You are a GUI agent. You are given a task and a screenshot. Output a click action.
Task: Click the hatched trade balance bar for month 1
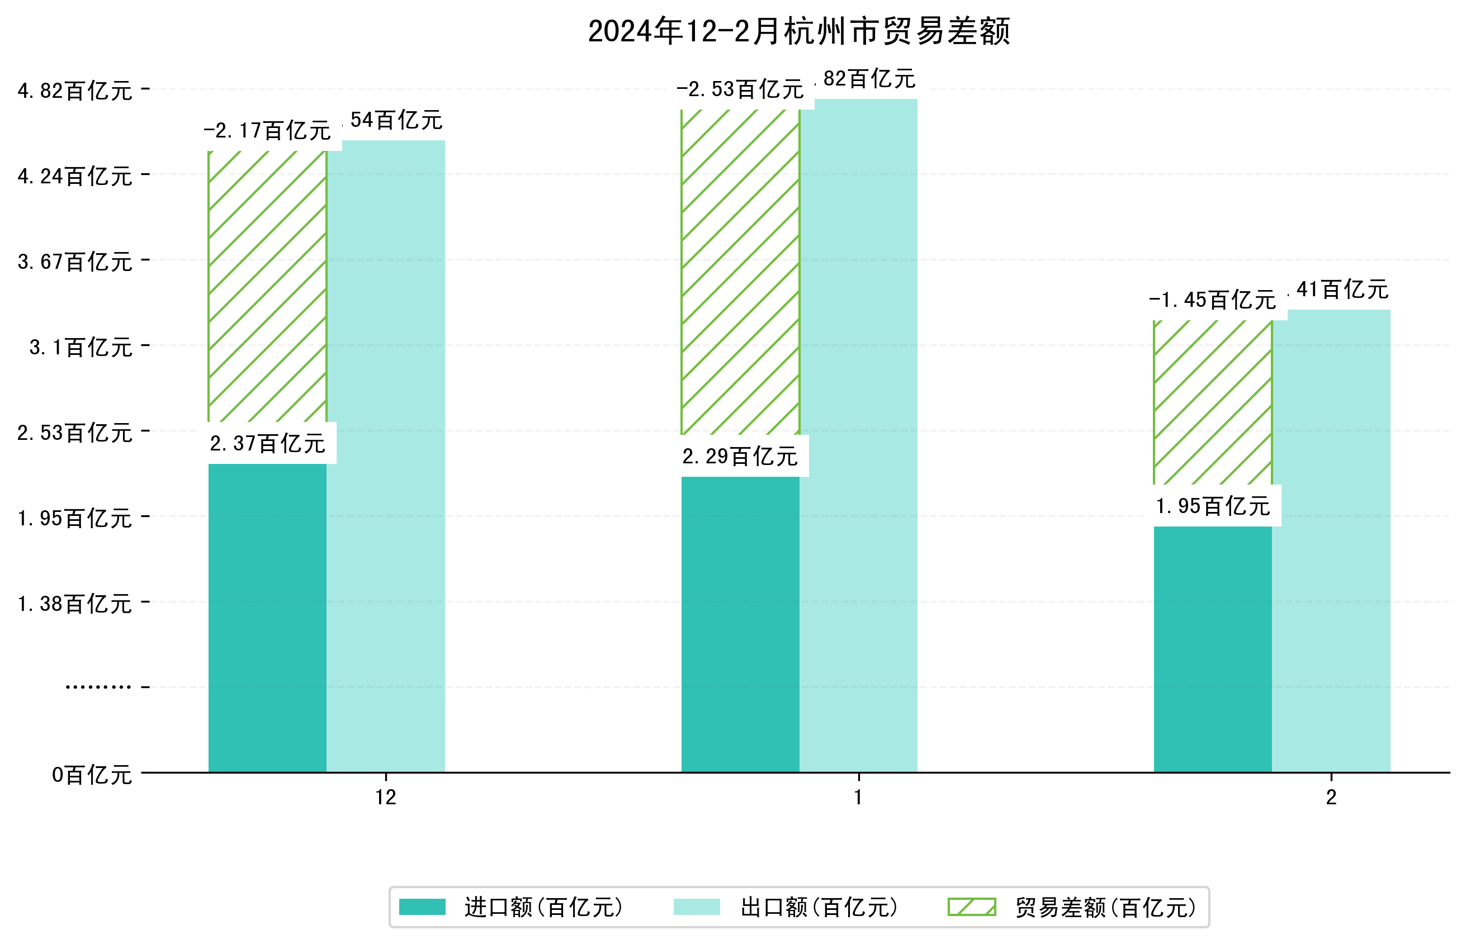click(740, 272)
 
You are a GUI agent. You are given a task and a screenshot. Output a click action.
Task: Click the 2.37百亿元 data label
click(267, 443)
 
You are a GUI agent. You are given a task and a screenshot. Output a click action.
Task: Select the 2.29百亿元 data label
click(740, 456)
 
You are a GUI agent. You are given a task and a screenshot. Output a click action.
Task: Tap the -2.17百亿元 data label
click(267, 131)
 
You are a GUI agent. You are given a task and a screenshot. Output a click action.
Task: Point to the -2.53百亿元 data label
click(740, 89)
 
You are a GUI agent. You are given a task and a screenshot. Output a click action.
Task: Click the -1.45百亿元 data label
click(1212, 300)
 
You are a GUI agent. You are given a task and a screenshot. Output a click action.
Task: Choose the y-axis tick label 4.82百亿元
click(75, 91)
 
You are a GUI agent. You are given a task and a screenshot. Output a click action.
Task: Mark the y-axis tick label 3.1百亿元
click(81, 348)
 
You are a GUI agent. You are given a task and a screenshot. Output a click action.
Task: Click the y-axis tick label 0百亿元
click(92, 775)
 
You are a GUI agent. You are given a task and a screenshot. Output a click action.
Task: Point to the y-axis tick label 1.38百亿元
click(75, 604)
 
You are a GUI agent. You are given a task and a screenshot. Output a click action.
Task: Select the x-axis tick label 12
click(386, 797)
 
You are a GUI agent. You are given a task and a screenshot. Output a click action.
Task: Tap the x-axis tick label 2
click(1331, 797)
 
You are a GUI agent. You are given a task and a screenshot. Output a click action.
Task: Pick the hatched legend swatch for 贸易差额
click(971, 907)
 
